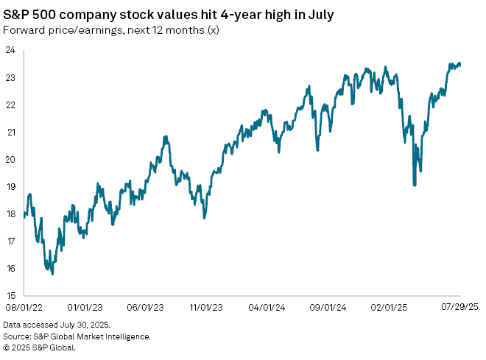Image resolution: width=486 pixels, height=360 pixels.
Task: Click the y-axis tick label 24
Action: (x=13, y=50)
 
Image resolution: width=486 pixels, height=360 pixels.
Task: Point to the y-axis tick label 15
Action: (x=13, y=294)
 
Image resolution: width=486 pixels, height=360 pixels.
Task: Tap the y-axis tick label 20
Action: (x=13, y=159)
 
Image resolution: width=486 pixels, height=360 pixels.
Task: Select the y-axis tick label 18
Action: (x=13, y=213)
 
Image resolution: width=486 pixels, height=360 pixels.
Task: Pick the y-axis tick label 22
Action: (x=13, y=105)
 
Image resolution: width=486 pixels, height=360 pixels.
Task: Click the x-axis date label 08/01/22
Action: (x=24, y=306)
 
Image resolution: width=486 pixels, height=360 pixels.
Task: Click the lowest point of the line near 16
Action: (x=52, y=274)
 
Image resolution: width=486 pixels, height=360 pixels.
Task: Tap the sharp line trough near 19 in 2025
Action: (x=415, y=185)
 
